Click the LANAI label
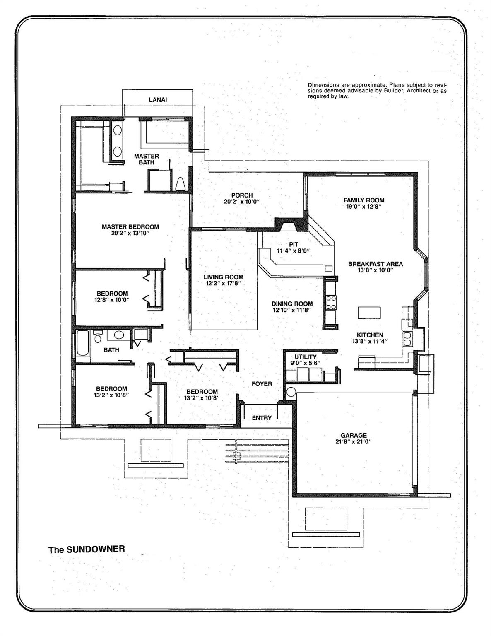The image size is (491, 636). coord(158,100)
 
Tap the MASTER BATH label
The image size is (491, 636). coord(146,159)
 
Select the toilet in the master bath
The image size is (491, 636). coord(181,184)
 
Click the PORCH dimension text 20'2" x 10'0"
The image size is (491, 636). coord(242,202)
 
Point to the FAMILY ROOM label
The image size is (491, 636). coord(364,200)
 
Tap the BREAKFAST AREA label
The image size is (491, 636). coord(375,264)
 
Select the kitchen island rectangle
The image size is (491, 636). coord(369,313)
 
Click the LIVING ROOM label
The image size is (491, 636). coord(223,277)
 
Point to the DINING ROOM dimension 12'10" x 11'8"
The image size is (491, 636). coord(292,310)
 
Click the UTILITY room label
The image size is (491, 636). coord(305,357)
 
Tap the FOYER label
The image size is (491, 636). coord(262,384)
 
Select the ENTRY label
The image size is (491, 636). coord(262,418)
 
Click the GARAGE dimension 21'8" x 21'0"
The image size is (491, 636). coord(354,442)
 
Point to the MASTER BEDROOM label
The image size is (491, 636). coord(130,226)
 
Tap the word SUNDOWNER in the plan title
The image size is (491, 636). coord(96,549)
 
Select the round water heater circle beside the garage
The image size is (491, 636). coord(291,391)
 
